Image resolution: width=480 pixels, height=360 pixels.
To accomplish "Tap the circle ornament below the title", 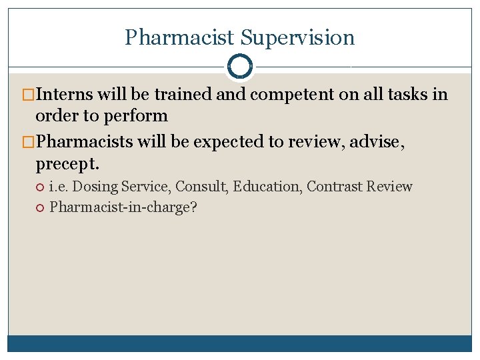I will (x=239, y=66).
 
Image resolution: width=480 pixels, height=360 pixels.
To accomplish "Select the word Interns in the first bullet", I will (x=64, y=95).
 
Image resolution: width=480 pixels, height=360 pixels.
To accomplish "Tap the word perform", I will (x=139, y=116).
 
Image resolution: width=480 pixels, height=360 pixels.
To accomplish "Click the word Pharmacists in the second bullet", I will (x=84, y=142).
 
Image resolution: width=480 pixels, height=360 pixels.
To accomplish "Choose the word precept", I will (x=68, y=163).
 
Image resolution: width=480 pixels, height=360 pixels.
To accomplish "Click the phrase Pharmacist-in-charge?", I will (x=123, y=207).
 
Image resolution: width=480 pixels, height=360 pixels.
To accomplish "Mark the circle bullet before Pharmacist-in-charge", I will (x=40, y=207).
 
